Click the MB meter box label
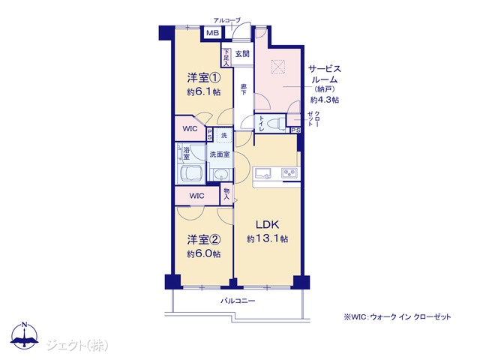click(x=212, y=32)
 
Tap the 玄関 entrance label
click(x=242, y=54)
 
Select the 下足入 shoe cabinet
click(x=226, y=58)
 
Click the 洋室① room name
click(x=203, y=78)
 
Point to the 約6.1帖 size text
click(x=203, y=91)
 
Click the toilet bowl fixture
click(x=276, y=124)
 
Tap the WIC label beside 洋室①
click(x=190, y=129)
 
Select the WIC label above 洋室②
click(x=196, y=196)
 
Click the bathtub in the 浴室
click(x=192, y=175)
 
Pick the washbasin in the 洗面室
click(x=220, y=175)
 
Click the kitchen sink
click(x=263, y=173)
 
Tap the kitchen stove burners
click(x=289, y=173)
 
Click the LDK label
click(x=267, y=225)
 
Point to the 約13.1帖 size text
click(x=267, y=238)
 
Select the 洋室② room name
click(x=203, y=240)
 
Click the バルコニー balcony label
click(x=238, y=301)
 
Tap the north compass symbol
click(x=25, y=335)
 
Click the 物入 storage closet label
click(x=226, y=193)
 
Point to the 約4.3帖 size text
click(x=325, y=100)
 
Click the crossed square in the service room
click(x=278, y=67)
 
